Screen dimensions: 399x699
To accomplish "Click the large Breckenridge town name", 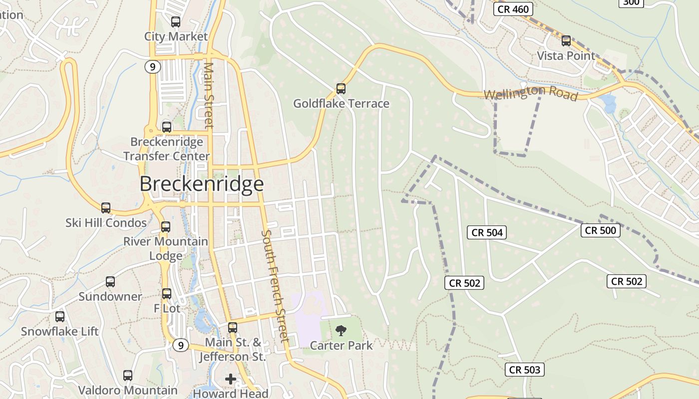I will click(x=201, y=184).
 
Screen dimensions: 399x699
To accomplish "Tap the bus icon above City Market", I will click(x=175, y=22).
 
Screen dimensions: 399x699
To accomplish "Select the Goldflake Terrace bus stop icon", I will click(x=341, y=89).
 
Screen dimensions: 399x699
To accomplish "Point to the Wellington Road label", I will click(x=530, y=93).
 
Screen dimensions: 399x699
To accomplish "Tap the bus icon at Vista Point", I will click(x=566, y=41).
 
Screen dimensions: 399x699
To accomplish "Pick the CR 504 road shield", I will click(x=487, y=232).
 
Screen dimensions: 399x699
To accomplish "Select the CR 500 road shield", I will click(x=600, y=230).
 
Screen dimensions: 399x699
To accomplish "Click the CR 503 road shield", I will click(x=524, y=370).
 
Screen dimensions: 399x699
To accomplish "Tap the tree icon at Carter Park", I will click(x=341, y=330).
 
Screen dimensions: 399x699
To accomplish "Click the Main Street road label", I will click(x=209, y=95).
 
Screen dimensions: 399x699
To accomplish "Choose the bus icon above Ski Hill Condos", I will click(x=106, y=208).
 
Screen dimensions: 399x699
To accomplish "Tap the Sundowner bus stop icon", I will click(x=110, y=282).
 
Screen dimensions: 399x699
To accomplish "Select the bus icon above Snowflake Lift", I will click(x=60, y=316).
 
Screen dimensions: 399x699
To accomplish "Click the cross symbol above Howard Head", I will click(x=230, y=379).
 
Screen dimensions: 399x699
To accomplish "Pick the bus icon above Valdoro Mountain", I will click(x=128, y=376).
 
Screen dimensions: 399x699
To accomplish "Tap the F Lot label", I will click(x=167, y=309).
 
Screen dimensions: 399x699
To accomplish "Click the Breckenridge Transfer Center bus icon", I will click(x=167, y=127).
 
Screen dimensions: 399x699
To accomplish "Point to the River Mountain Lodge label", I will click(x=166, y=248).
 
